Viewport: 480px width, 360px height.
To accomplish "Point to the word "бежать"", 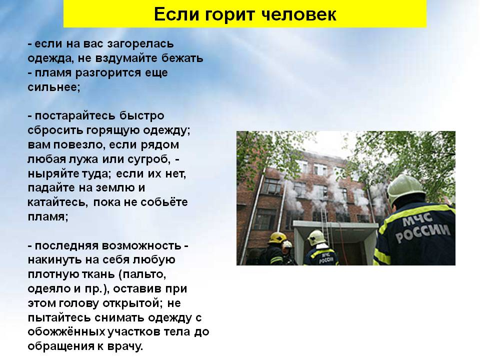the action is click(x=182, y=58).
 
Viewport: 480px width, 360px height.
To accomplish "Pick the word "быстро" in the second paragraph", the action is click(x=141, y=116).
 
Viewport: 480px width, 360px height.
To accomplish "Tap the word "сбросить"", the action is click(x=55, y=130).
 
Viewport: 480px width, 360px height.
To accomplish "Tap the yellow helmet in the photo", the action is click(x=277, y=237).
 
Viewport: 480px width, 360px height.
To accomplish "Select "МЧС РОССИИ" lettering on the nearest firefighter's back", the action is click(x=422, y=227).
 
